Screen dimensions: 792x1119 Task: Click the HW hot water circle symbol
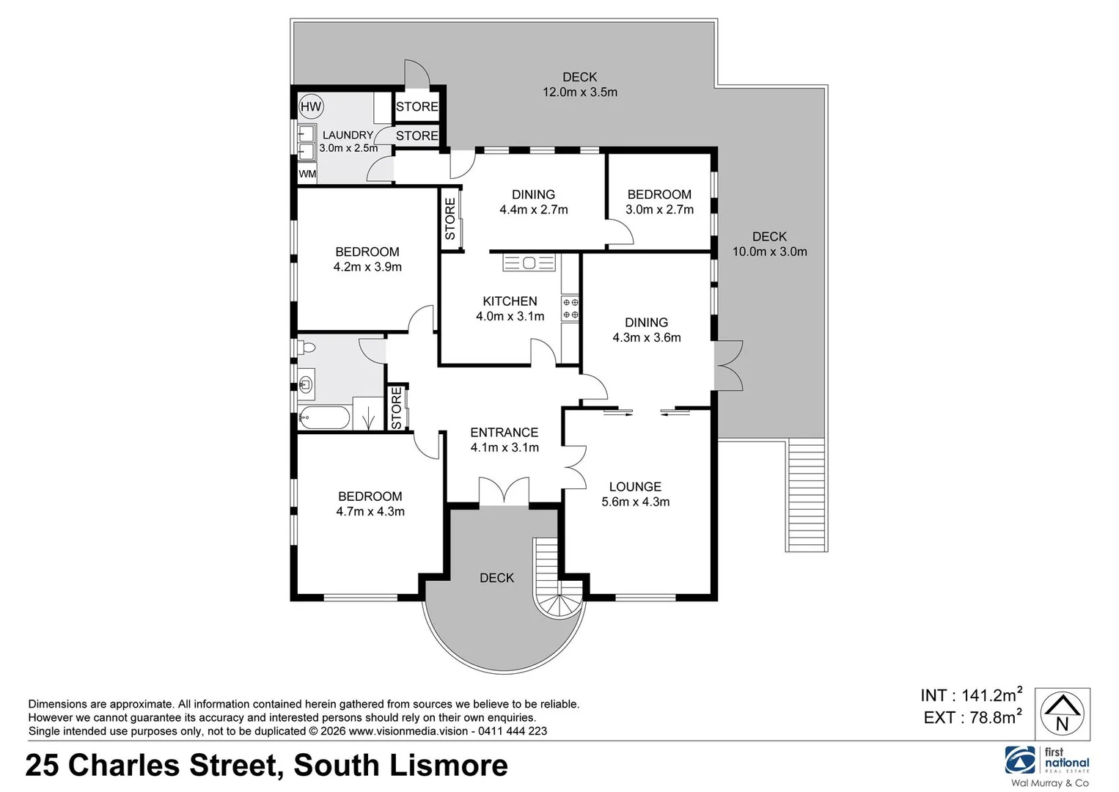tap(311, 107)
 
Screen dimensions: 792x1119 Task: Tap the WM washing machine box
tap(307, 174)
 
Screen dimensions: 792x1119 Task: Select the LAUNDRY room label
tap(348, 135)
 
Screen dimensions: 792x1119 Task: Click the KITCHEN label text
tap(510, 301)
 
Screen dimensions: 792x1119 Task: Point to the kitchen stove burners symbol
tap(570, 309)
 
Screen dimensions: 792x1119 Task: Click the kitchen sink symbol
tap(529, 263)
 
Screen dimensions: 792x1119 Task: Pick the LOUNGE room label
tap(635, 487)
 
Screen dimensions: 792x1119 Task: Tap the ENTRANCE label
tap(504, 433)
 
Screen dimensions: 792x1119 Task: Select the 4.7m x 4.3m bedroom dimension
tap(370, 512)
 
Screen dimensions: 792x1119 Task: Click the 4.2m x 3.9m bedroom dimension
tap(367, 267)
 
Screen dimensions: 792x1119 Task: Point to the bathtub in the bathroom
tap(324, 419)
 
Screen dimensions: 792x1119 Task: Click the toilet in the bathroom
tap(307, 348)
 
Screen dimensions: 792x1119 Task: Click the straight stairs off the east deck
tap(807, 495)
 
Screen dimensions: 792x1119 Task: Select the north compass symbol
tap(1062, 714)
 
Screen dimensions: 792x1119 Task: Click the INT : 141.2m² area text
tap(971, 695)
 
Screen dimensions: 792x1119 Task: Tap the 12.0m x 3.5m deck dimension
tap(579, 92)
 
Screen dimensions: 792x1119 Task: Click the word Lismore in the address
tap(448, 766)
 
